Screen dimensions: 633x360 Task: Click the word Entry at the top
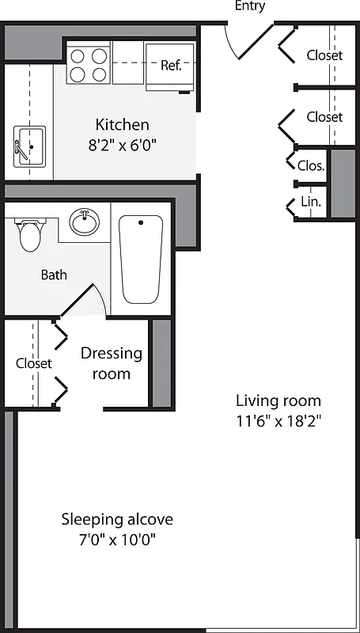tap(250, 6)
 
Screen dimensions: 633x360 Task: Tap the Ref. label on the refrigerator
tap(171, 65)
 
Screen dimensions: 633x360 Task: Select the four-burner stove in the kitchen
tap(88, 65)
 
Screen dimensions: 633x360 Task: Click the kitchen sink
tap(29, 146)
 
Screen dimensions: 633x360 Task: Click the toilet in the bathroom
tap(30, 233)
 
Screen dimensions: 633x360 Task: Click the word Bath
tap(54, 275)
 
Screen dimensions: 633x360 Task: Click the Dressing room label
tap(112, 363)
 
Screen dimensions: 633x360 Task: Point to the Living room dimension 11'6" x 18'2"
tap(279, 420)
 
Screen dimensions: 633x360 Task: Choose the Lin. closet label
tap(311, 203)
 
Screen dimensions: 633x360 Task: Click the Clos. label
tap(311, 165)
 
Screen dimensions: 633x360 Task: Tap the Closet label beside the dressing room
tap(34, 363)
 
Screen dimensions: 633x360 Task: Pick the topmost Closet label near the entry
tap(324, 55)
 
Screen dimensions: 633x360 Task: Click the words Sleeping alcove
tap(117, 520)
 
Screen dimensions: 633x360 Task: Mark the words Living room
tap(279, 400)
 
